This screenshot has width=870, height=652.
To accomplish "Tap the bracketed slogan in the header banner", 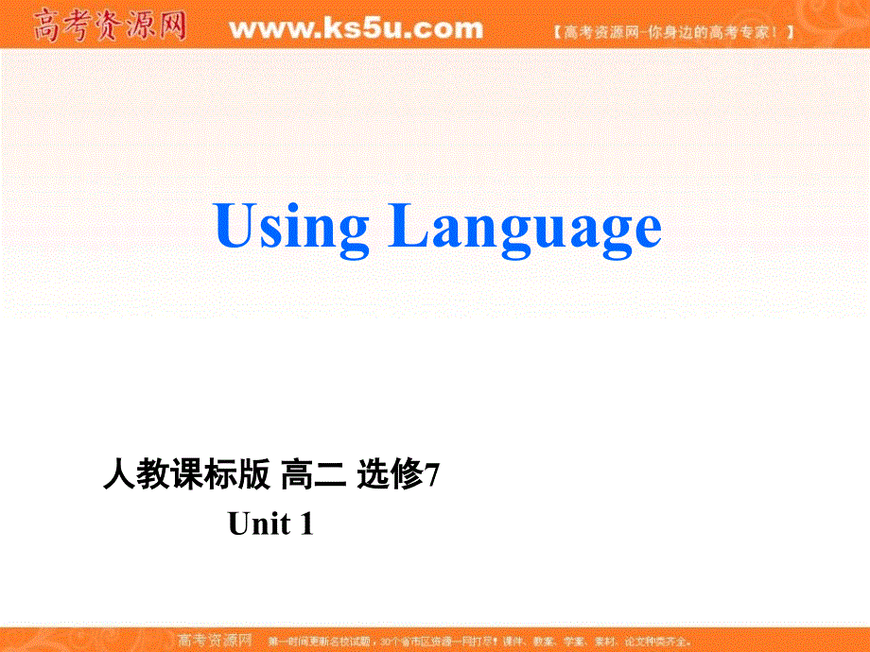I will [x=673, y=31].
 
